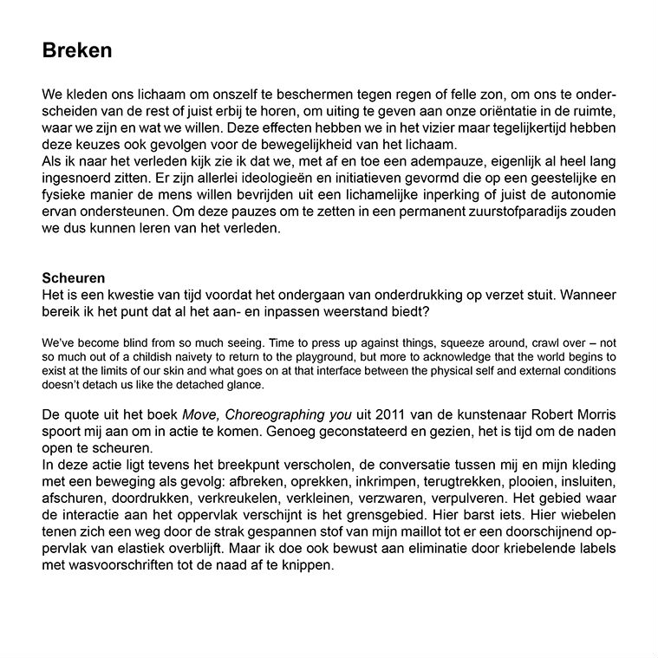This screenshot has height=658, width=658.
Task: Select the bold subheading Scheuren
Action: click(74, 278)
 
